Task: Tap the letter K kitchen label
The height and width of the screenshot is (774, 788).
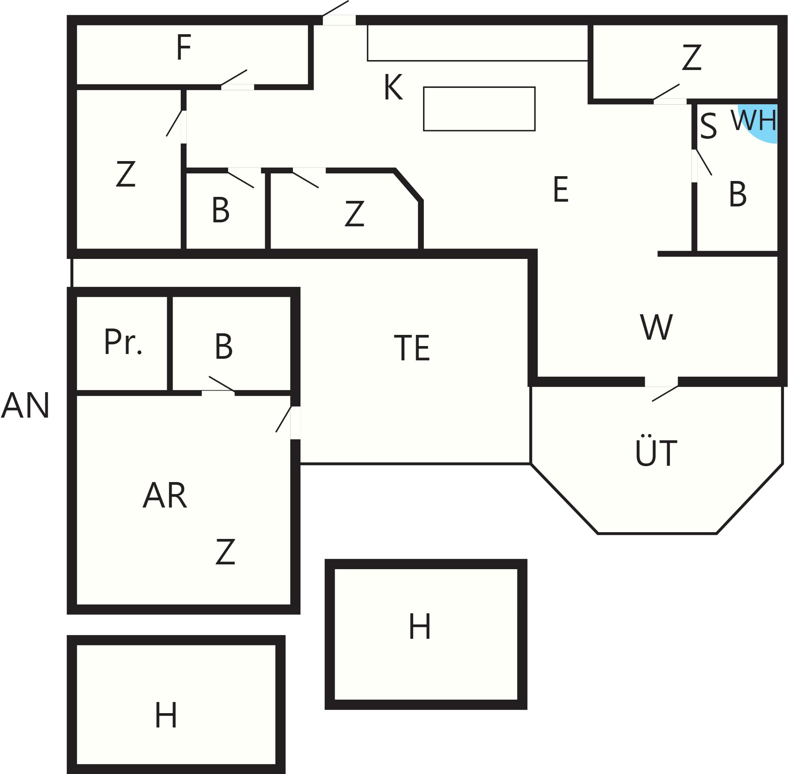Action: click(x=393, y=87)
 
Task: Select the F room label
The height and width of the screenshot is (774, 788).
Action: click(x=184, y=48)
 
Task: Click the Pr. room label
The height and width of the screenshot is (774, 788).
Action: click(x=123, y=342)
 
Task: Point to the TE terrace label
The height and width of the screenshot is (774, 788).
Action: click(x=412, y=348)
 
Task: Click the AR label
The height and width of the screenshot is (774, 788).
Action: click(x=165, y=495)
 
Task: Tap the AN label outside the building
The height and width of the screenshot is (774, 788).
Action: click(x=25, y=405)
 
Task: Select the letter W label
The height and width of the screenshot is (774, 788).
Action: click(x=656, y=327)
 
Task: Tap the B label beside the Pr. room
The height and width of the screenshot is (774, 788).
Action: click(x=224, y=346)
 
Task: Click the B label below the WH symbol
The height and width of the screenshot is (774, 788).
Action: click(x=737, y=194)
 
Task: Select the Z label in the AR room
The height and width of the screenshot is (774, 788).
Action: click(x=225, y=552)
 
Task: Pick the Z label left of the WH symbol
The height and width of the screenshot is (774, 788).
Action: click(x=692, y=57)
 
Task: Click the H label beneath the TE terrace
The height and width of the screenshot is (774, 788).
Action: click(x=419, y=626)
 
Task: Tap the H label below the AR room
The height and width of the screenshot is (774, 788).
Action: click(x=166, y=715)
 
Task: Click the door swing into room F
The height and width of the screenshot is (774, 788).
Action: click(x=234, y=78)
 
